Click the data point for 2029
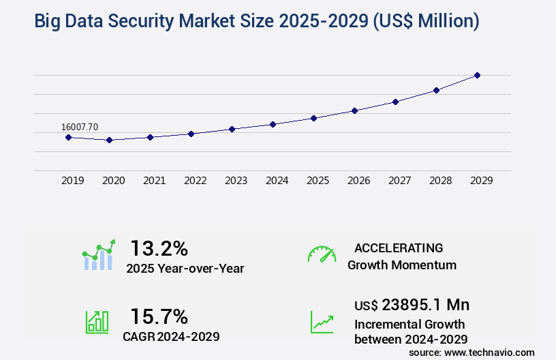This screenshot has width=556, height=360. pos(477,75)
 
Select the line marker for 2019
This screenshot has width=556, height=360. pos(68,137)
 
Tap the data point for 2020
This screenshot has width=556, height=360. pos(109,140)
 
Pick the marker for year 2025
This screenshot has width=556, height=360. pos(313,118)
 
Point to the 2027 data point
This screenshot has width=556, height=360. pos(395,102)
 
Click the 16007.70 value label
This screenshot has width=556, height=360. pos(80,127)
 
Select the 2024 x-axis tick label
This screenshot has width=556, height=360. pos(277,181)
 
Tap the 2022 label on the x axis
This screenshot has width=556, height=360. pos(195,181)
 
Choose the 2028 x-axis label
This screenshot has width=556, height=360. pos(440,181)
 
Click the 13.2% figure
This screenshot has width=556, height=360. pos(159,248)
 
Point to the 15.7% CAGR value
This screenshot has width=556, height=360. pos(159,316)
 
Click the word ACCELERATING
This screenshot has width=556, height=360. pos(399,247)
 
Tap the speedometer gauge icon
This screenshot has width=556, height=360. pos(322,254)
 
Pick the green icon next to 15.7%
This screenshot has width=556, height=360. pos(97,321)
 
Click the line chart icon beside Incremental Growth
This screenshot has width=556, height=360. pos(322,321)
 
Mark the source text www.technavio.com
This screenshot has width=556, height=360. pos(489,352)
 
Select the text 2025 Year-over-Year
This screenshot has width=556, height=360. pos(185,269)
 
